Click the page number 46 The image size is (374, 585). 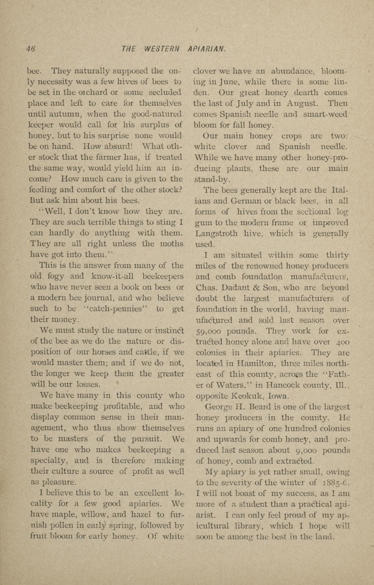coord(30,49)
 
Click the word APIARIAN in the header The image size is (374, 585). coord(206,49)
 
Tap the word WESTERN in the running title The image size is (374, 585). coord(162,49)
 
